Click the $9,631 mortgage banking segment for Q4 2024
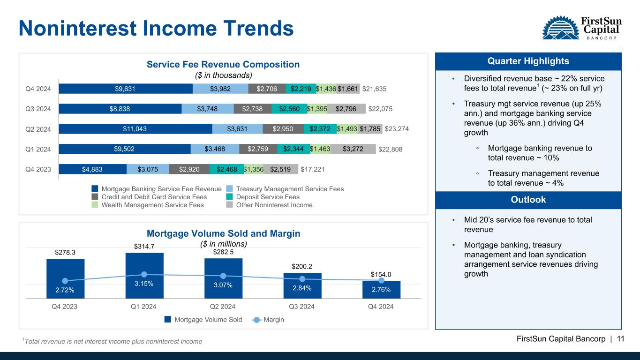pyautogui.click(x=126, y=89)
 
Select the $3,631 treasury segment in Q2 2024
pyautogui.click(x=237, y=129)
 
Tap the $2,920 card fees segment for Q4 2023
pyautogui.click(x=189, y=169)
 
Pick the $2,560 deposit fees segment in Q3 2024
pyautogui.click(x=289, y=109)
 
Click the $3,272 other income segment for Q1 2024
pyautogui.click(x=353, y=149)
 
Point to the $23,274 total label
pyautogui.click(x=397, y=129)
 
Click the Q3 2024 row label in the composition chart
pyautogui.click(x=38, y=109)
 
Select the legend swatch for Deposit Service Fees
pyautogui.click(x=229, y=197)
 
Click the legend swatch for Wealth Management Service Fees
pyautogui.click(x=95, y=205)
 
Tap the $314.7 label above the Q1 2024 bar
pyautogui.click(x=144, y=246)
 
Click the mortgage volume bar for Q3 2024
pyautogui.click(x=302, y=286)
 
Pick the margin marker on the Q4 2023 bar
pyautogui.click(x=65, y=281)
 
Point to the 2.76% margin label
pyautogui.click(x=381, y=289)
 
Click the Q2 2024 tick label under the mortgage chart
pyautogui.click(x=223, y=307)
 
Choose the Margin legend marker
pyautogui.click(x=256, y=320)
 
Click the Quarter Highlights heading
pyautogui.click(x=528, y=61)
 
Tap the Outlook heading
pyautogui.click(x=528, y=199)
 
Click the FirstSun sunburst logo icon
pyautogui.click(x=561, y=28)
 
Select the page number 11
pyautogui.click(x=621, y=339)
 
